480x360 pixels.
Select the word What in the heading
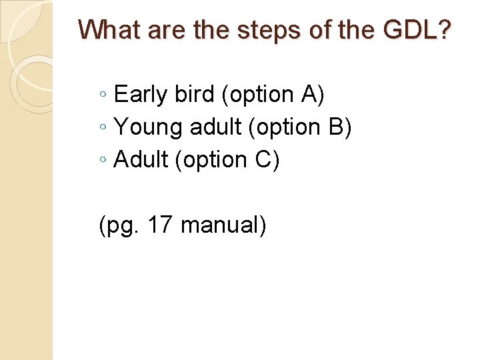tap(111, 29)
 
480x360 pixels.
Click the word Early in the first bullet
tap(141, 95)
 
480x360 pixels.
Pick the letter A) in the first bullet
tap(313, 95)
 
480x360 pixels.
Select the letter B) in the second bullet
tap(339, 127)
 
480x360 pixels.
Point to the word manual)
tap(224, 225)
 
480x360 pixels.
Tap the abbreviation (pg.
tap(116, 226)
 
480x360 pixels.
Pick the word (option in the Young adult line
tap(285, 127)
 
